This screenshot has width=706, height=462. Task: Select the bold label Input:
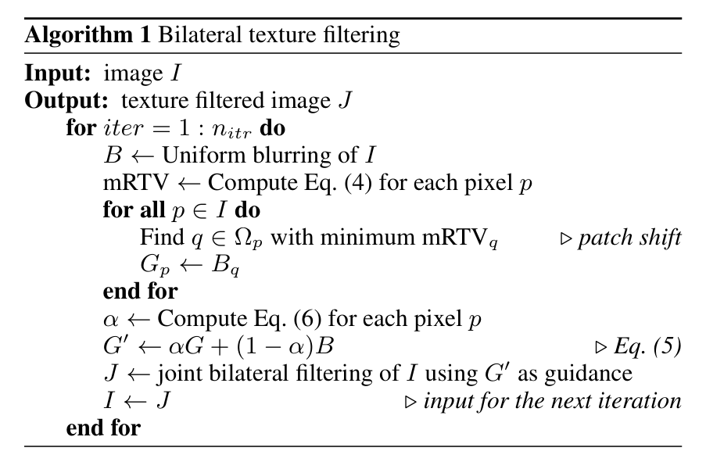pyautogui.click(x=58, y=73)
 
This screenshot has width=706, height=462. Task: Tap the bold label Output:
pyautogui.click(x=66, y=101)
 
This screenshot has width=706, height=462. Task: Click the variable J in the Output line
pyautogui.click(x=345, y=100)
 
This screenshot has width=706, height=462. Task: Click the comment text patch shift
pyautogui.click(x=630, y=238)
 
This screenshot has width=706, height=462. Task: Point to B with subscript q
pyautogui.click(x=226, y=265)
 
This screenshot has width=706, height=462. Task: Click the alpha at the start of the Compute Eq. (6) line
pyautogui.click(x=111, y=321)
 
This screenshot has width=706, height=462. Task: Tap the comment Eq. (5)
pyautogui.click(x=647, y=346)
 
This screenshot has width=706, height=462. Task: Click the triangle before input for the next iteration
pyautogui.click(x=410, y=402)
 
